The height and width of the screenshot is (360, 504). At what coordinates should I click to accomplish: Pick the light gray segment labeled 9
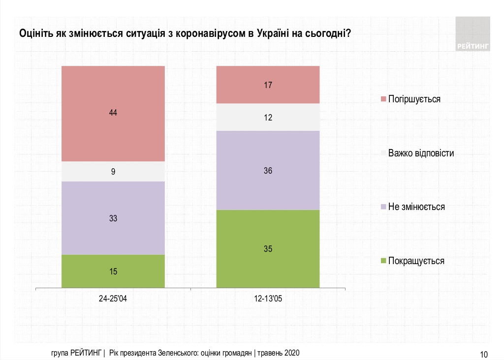[113, 172]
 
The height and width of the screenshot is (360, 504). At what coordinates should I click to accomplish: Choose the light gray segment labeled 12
[268, 118]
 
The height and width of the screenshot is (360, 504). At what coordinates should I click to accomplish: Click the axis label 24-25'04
[113, 299]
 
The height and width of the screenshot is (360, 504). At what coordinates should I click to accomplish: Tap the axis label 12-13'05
[268, 299]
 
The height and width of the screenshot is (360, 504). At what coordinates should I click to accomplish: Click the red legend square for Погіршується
[382, 99]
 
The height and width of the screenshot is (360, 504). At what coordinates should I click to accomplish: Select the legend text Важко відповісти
[421, 153]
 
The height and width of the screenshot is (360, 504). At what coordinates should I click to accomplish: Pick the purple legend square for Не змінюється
[382, 207]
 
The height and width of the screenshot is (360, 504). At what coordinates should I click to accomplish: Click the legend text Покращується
[416, 261]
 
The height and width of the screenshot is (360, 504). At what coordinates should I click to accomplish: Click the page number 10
[483, 354]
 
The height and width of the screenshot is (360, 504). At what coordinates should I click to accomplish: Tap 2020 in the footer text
[291, 353]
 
